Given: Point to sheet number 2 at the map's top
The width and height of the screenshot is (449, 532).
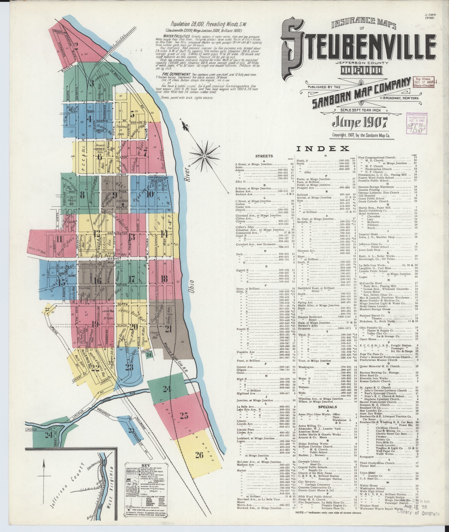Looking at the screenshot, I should [76, 45].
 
